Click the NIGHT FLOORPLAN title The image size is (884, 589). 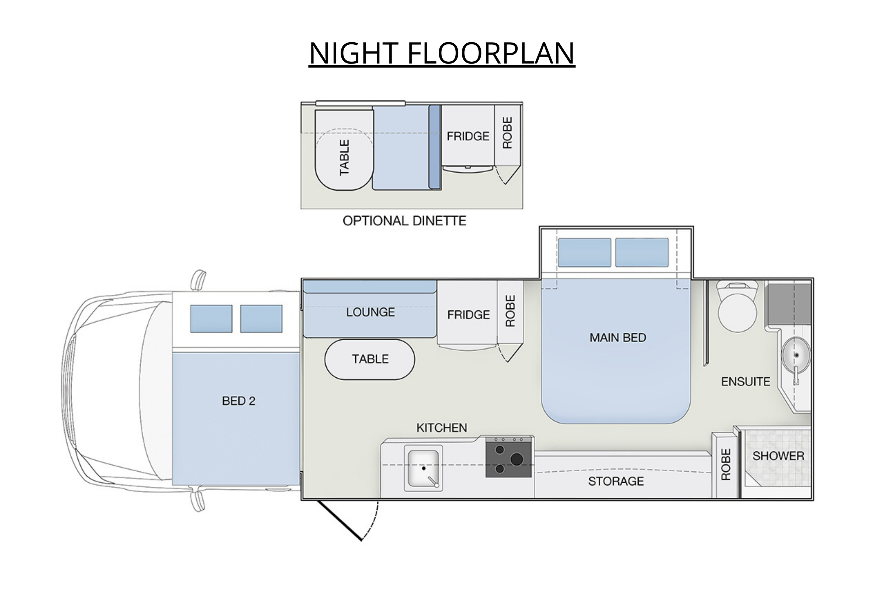442,53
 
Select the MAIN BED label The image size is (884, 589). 618,338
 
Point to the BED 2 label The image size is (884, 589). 238,401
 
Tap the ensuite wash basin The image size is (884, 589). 795,355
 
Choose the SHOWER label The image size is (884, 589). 778,456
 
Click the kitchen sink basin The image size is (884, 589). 423,468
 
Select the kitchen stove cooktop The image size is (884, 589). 509,457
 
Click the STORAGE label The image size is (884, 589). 616,481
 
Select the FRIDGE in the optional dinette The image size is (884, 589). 468,136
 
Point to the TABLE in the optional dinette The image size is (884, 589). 344,150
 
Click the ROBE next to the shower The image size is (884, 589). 725,465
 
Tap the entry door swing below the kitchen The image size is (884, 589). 348,520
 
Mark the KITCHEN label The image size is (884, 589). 441,428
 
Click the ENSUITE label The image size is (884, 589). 745,382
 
